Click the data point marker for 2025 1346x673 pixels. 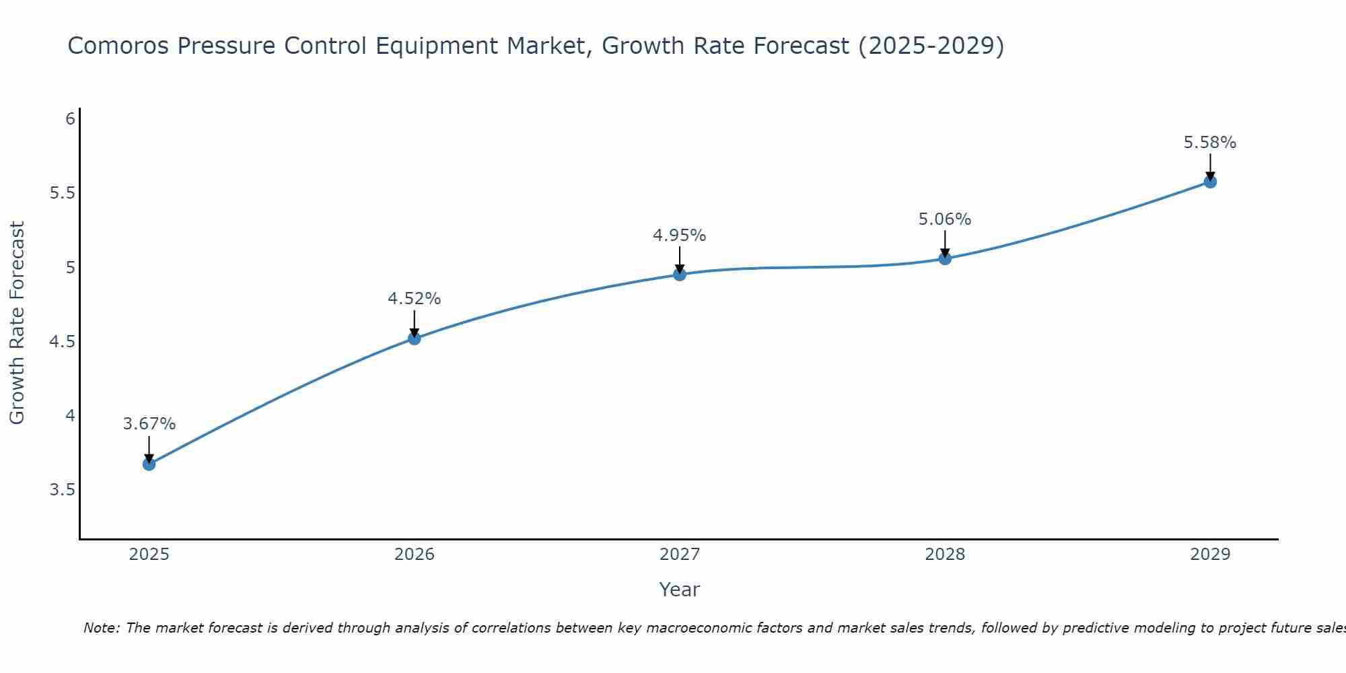click(x=149, y=464)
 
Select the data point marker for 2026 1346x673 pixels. click(x=415, y=338)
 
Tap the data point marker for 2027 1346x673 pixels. click(x=680, y=274)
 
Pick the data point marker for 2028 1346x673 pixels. click(x=945, y=258)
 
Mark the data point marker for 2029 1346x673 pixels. click(x=1210, y=181)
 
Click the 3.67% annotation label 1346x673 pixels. click(x=149, y=424)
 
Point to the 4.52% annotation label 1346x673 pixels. click(x=415, y=299)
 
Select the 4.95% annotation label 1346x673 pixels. click(x=680, y=236)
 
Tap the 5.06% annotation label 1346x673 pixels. click(x=945, y=219)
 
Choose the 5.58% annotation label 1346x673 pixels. click(x=1210, y=143)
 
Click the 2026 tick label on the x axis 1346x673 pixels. click(x=415, y=555)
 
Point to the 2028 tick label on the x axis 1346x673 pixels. click(x=945, y=555)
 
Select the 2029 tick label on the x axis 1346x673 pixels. click(x=1210, y=555)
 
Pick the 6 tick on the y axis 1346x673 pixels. click(x=70, y=119)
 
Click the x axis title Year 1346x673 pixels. click(x=680, y=590)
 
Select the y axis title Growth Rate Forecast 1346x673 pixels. click(x=17, y=323)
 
